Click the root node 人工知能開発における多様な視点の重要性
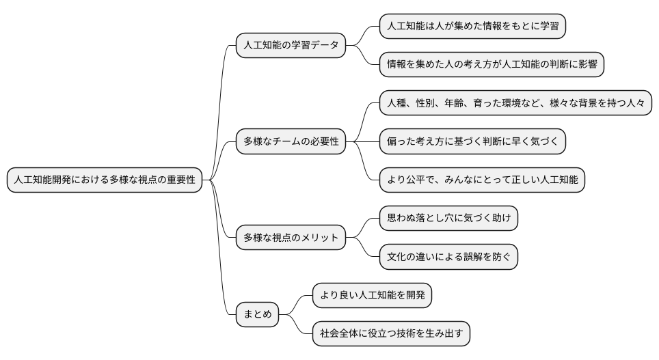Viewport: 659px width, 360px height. coord(105,180)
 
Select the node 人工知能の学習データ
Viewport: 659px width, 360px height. coord(290,46)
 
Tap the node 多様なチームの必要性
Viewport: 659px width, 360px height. coord(290,142)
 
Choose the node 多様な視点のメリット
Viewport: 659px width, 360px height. coord(290,238)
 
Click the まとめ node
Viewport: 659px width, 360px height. coord(257,314)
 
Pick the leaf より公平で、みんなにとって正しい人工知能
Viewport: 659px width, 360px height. coord(482,180)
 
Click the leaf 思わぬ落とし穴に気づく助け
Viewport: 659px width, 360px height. coord(448,219)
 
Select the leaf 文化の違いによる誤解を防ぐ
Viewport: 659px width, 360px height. coord(448,257)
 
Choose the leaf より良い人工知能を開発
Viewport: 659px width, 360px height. coord(372,296)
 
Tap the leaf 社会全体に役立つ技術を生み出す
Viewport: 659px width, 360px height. coord(391,334)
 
